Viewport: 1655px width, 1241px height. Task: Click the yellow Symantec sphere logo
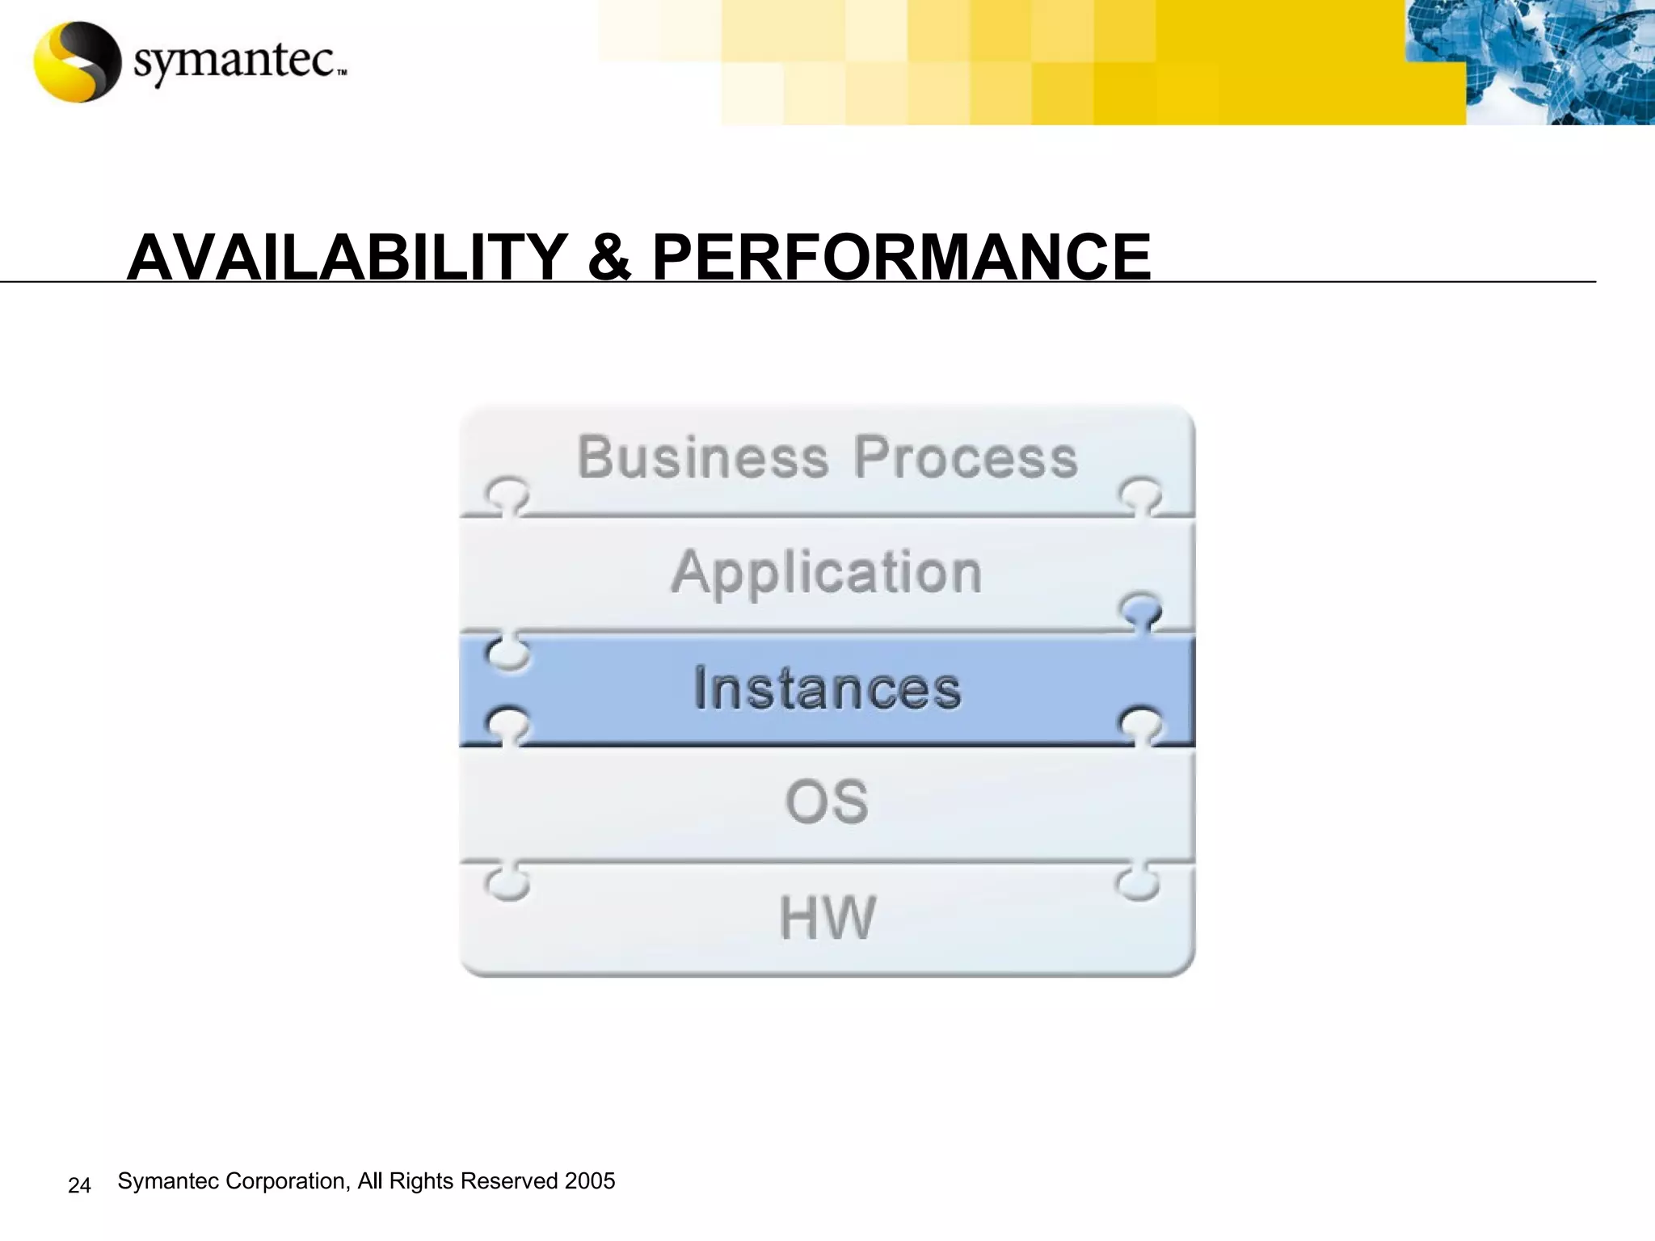pos(77,61)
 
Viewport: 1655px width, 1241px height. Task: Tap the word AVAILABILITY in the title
pos(347,257)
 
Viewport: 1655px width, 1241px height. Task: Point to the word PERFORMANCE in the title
pos(901,257)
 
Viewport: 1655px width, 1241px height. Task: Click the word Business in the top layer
pos(703,457)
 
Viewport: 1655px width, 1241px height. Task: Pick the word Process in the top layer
pos(966,457)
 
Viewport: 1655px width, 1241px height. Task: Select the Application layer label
pos(827,573)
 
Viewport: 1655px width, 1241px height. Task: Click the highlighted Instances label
pos(827,688)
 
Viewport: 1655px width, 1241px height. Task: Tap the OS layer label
pos(827,802)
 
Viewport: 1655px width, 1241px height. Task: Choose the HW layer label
pos(827,918)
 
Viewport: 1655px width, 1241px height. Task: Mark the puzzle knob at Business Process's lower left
pos(507,494)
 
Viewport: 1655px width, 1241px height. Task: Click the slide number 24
pos(79,1185)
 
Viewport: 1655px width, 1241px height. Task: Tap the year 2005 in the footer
pos(590,1181)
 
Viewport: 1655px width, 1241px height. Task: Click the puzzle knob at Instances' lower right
pos(1141,725)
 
